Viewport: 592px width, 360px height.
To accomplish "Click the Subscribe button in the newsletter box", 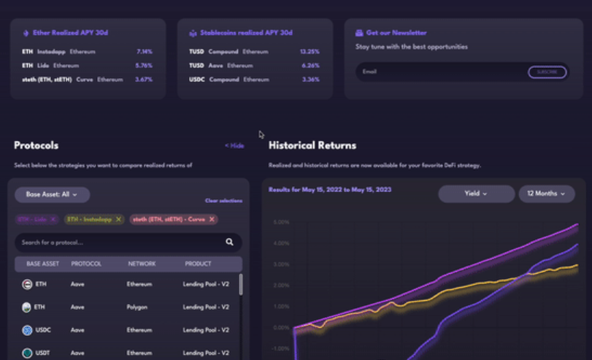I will click(x=547, y=72).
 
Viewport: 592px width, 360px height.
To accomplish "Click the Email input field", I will click(x=438, y=72).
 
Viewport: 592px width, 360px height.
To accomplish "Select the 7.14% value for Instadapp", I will click(x=144, y=52).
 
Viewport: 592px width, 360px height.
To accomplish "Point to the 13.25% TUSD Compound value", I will click(x=310, y=52).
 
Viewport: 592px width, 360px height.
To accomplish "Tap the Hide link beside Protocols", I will click(x=234, y=146).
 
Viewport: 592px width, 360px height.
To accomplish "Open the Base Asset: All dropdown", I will click(x=52, y=195).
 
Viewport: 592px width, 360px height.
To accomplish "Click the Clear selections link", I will click(x=223, y=201).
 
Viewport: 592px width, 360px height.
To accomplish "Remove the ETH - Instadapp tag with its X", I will click(x=118, y=219).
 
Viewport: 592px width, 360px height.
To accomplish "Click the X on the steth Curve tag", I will click(x=212, y=219).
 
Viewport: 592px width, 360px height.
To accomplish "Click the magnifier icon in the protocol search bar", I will click(x=229, y=242).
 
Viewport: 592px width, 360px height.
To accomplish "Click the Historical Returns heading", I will click(x=312, y=145).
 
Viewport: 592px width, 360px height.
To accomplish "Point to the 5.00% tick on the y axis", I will click(x=280, y=221).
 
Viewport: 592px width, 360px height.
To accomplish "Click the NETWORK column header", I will click(x=142, y=264).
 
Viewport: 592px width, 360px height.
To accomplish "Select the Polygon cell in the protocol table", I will click(x=137, y=307).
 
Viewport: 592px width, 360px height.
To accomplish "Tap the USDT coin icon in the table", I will click(x=27, y=353).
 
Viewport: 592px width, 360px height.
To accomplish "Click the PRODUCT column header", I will click(x=198, y=264).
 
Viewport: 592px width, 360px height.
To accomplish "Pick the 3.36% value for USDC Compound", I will click(x=310, y=79).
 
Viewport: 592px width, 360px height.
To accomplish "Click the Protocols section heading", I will click(x=36, y=145).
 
